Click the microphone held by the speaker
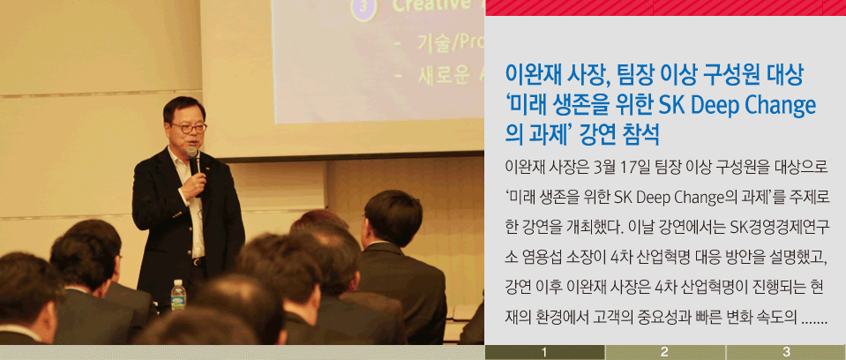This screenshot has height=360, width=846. (x=194, y=161)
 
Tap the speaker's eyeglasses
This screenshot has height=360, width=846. (x=188, y=128)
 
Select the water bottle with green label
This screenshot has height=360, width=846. (x=178, y=295)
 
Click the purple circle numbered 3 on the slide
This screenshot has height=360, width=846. (x=363, y=9)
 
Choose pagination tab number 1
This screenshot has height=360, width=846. (x=544, y=352)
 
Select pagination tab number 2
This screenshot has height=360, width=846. (x=665, y=352)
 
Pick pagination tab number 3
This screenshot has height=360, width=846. (x=785, y=352)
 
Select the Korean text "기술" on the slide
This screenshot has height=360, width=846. (x=433, y=43)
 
